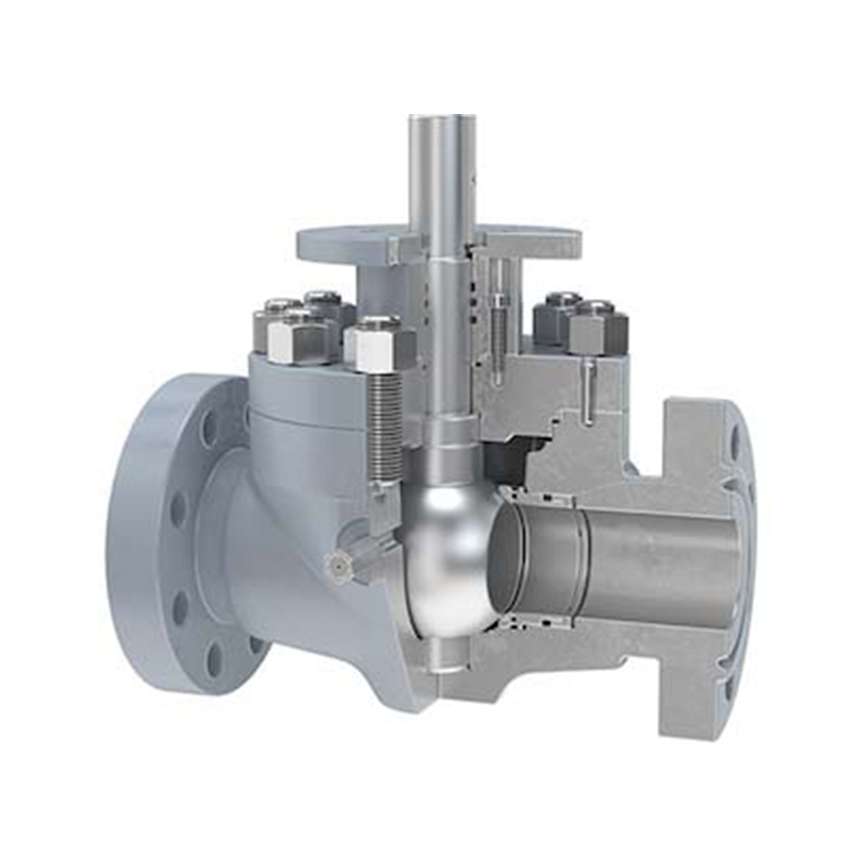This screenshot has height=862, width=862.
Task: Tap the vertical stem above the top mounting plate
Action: (x=442, y=172)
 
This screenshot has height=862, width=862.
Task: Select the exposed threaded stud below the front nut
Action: (x=385, y=421)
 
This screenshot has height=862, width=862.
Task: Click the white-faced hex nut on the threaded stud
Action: (x=379, y=345)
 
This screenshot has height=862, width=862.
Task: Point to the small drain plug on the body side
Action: (x=338, y=566)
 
